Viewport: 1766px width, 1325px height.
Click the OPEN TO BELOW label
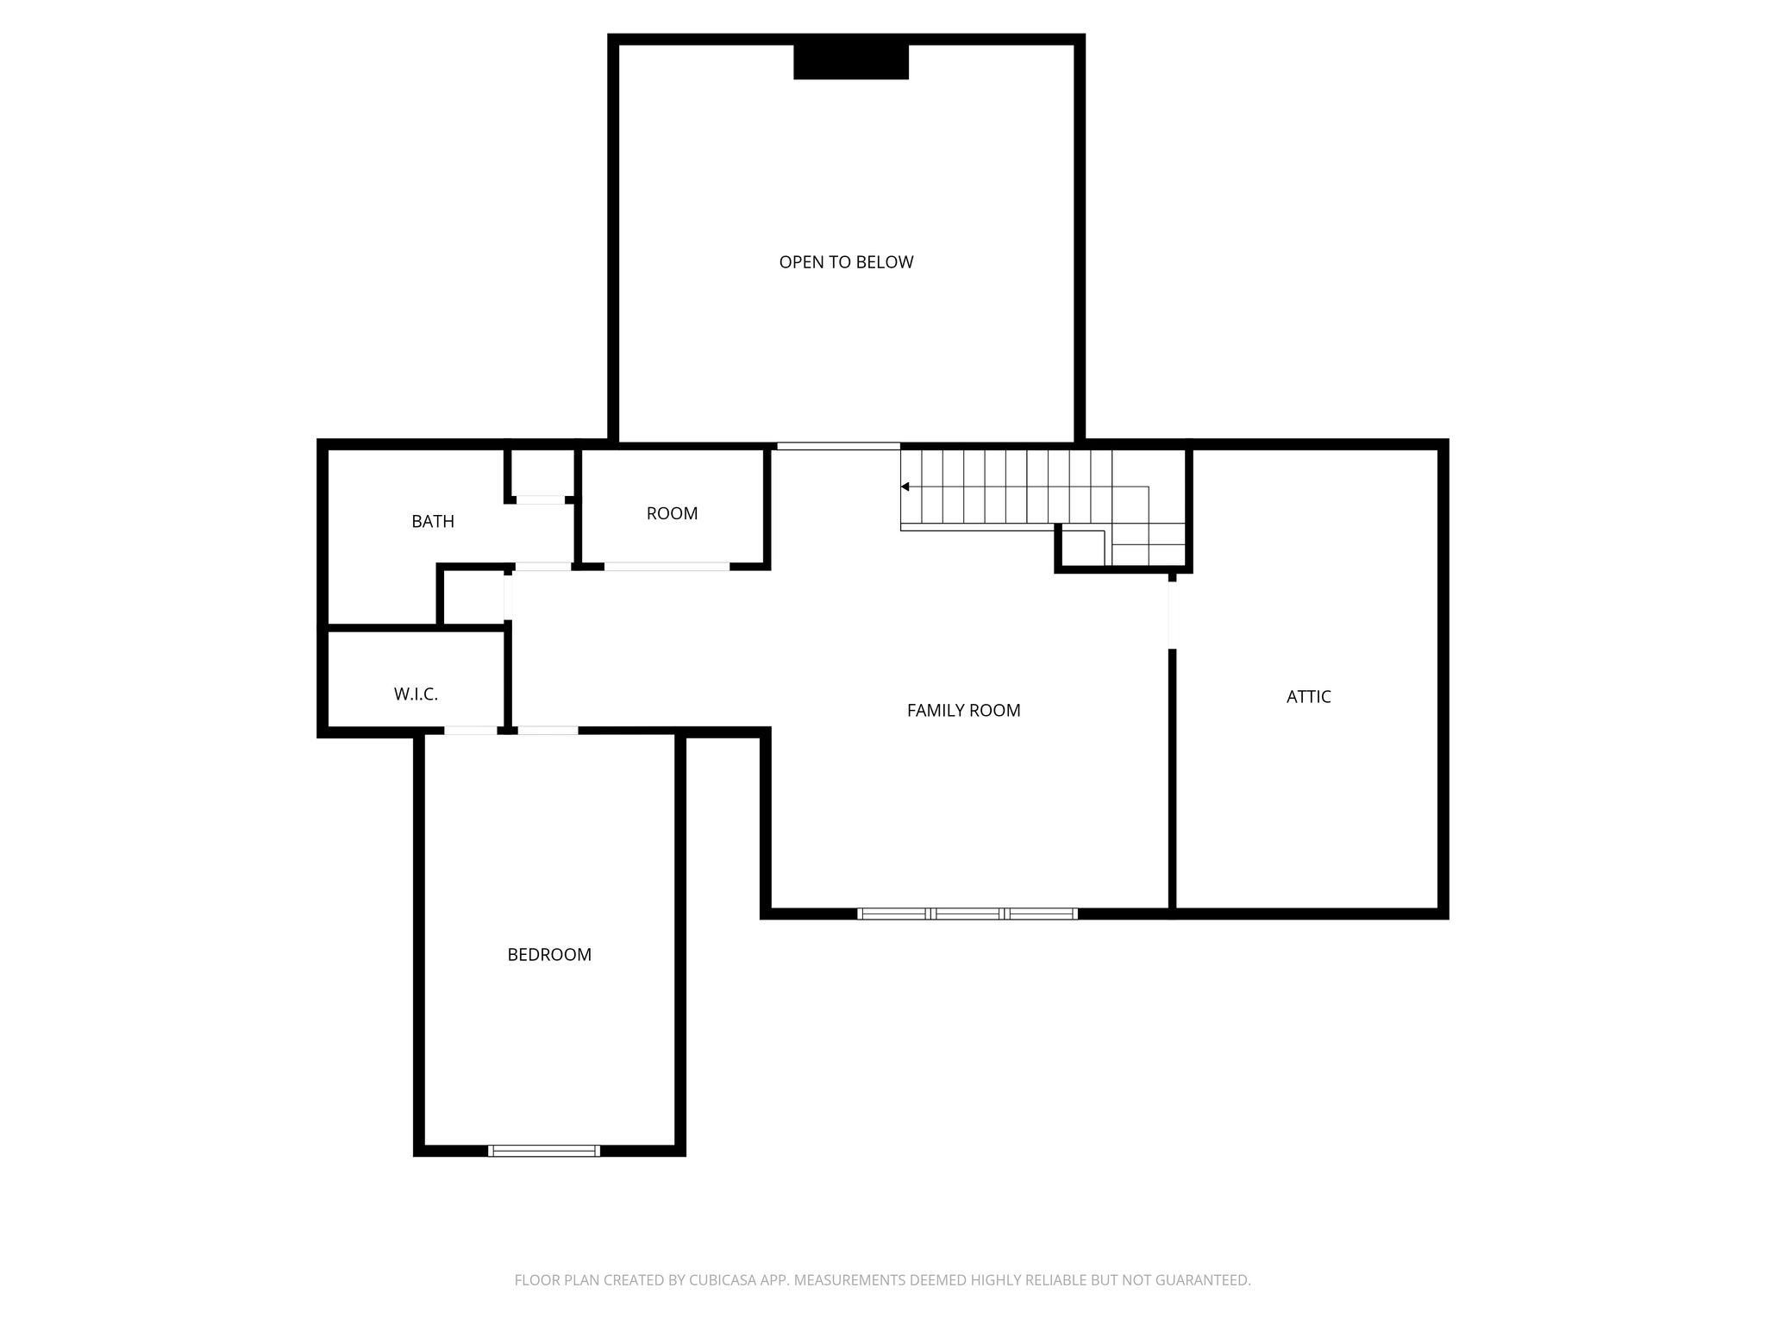tap(846, 262)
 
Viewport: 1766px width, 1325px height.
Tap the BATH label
tap(433, 521)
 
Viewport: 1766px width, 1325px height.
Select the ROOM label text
tap(672, 513)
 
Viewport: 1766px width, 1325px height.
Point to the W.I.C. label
tap(416, 694)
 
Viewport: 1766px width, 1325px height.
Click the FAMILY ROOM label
tap(963, 710)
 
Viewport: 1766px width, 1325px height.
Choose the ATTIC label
tap(1308, 697)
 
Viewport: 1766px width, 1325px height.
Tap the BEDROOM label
tap(549, 955)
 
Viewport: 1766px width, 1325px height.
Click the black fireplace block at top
tap(851, 62)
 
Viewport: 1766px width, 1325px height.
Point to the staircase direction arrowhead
tap(905, 487)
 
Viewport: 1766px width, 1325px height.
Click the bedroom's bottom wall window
tap(544, 1150)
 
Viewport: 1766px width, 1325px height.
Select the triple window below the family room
tap(968, 914)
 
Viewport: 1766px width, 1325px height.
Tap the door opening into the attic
tap(1172, 615)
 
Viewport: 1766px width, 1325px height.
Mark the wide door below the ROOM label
tap(667, 567)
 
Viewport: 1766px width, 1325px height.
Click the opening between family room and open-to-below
tap(838, 446)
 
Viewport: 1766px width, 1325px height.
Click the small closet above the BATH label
tap(541, 473)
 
